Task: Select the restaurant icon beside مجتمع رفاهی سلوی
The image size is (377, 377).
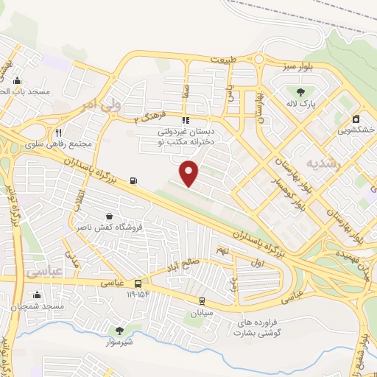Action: click(x=58, y=133)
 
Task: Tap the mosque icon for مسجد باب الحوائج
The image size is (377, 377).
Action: click(x=17, y=80)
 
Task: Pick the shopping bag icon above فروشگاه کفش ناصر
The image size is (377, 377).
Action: click(x=110, y=216)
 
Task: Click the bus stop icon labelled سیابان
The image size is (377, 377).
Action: click(x=202, y=301)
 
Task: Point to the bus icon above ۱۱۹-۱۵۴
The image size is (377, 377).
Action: click(x=138, y=283)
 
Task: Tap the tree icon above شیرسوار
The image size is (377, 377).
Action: click(x=119, y=331)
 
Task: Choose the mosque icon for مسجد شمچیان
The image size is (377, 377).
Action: click(x=37, y=295)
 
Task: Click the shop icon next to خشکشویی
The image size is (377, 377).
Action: click(x=356, y=119)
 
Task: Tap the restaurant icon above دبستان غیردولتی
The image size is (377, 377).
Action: click(x=186, y=120)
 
